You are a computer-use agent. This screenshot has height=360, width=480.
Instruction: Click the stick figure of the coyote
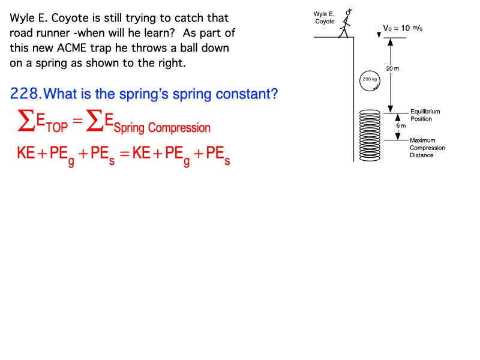click(x=346, y=23)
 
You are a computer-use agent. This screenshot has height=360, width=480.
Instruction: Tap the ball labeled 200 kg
click(x=370, y=81)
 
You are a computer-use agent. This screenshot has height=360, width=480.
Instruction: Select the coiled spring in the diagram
click(x=370, y=136)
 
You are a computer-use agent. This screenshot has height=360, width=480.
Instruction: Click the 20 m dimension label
click(x=393, y=68)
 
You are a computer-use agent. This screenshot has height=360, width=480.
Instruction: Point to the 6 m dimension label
click(x=401, y=126)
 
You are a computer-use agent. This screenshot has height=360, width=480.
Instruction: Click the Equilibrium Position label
click(x=425, y=115)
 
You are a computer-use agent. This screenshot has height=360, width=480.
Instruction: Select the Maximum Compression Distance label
click(x=427, y=148)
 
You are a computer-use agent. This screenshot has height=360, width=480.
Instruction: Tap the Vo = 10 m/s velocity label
click(x=403, y=28)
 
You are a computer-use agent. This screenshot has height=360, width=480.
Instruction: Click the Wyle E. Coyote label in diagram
click(x=324, y=18)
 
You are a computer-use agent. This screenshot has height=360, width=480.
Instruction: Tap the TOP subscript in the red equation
click(x=57, y=127)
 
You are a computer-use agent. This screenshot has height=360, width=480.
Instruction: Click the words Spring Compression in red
click(x=162, y=128)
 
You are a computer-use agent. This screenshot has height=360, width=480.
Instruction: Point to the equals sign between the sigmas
click(x=78, y=121)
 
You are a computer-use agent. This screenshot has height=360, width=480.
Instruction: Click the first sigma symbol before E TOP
click(x=26, y=121)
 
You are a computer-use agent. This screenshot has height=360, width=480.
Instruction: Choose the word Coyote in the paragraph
click(x=70, y=19)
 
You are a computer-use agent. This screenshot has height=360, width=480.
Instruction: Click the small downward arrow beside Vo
click(x=379, y=31)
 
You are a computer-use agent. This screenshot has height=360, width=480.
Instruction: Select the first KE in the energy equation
click(x=26, y=152)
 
